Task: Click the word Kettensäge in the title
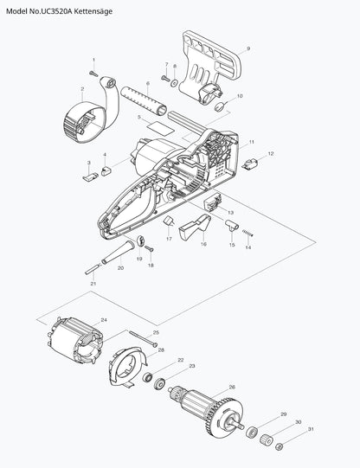point(93,11)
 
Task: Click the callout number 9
point(248,48)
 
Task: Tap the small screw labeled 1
point(93,74)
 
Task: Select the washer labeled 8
point(174,82)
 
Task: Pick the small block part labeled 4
point(106,171)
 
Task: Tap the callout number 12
point(271,154)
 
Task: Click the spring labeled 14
point(247,233)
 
